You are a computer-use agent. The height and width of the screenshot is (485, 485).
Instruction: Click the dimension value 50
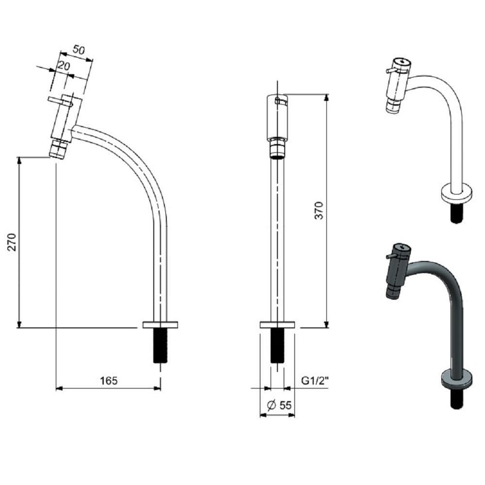tap(79, 49)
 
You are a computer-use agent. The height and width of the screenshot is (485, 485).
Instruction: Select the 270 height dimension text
tap(12, 242)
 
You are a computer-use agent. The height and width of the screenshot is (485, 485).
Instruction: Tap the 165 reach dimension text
tap(109, 381)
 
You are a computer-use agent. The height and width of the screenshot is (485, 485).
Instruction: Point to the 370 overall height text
tap(319, 210)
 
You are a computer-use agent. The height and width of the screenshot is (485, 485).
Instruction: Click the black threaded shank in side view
tap(160, 345)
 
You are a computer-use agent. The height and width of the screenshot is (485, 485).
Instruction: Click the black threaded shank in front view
tap(277, 345)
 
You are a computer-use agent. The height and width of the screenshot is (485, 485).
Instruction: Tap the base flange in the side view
tap(160, 324)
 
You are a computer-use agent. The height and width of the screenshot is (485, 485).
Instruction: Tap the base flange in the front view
tap(277, 324)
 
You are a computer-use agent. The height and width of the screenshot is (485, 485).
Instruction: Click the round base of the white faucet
tap(456, 194)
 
